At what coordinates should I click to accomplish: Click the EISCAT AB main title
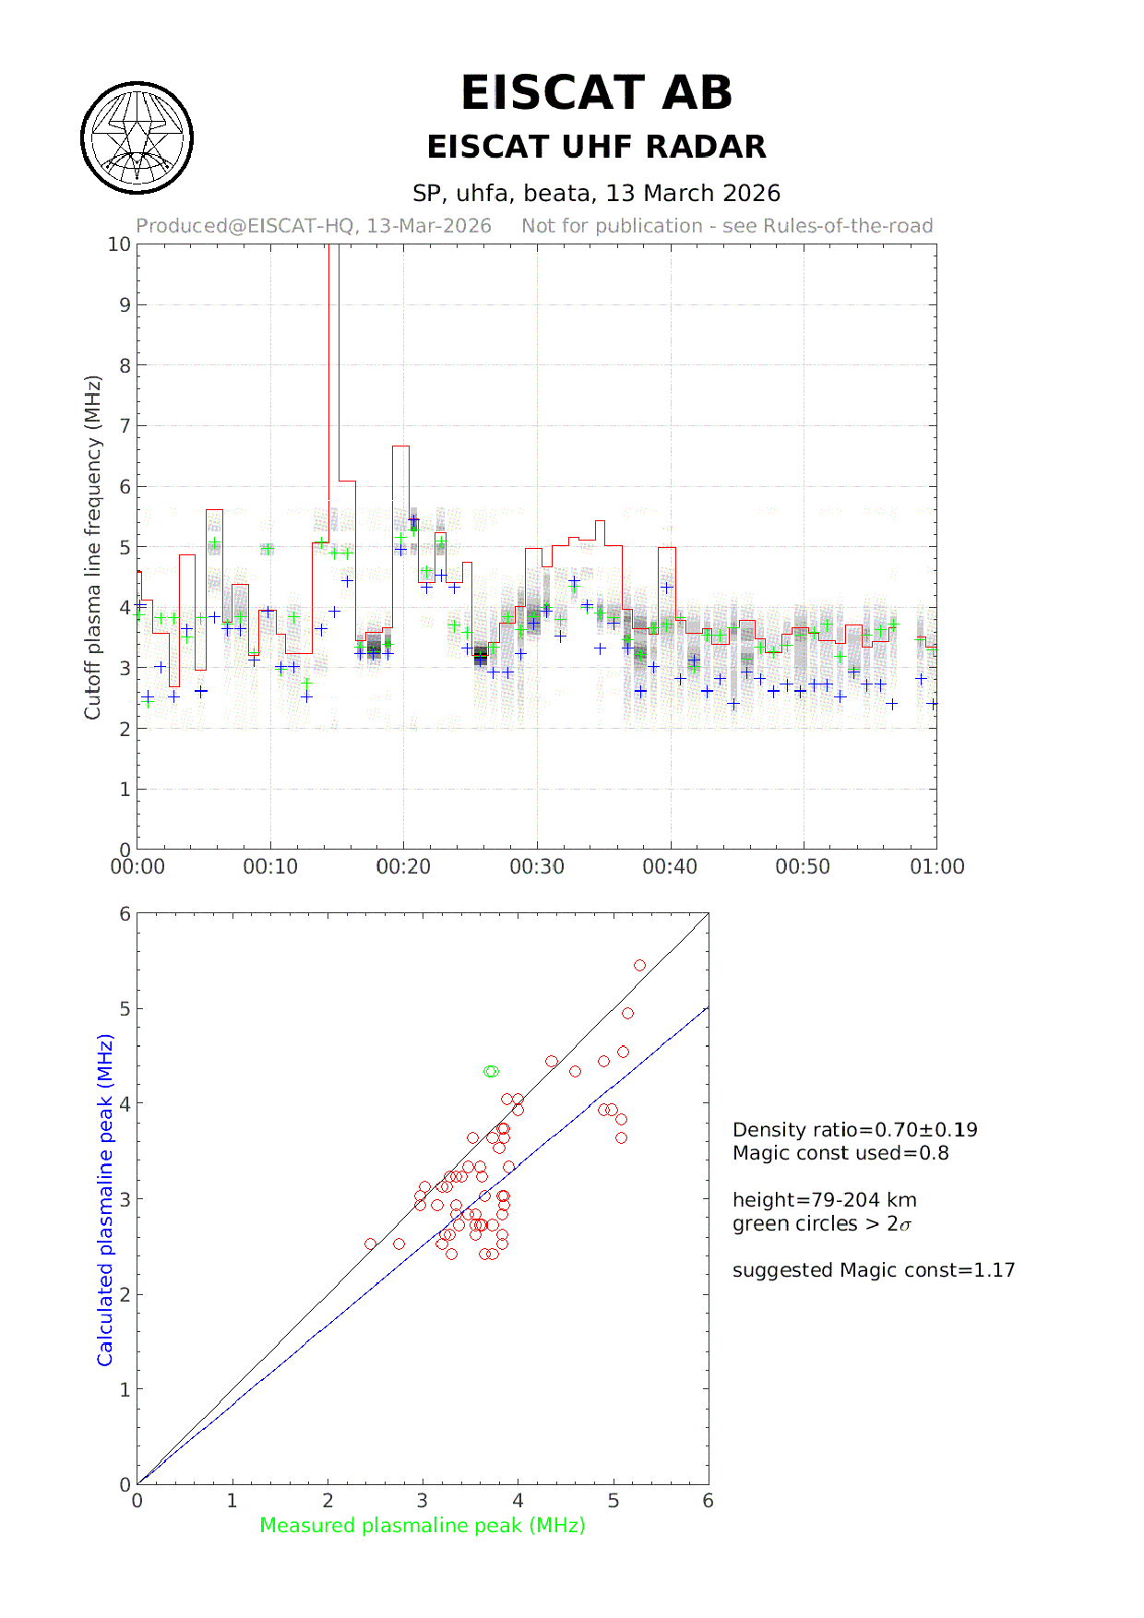pyautogui.click(x=596, y=93)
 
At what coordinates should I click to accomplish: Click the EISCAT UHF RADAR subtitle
pyautogui.click(x=596, y=147)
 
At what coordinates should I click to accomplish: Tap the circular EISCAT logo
pyautogui.click(x=137, y=138)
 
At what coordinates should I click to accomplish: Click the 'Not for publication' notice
pyautogui.click(x=727, y=226)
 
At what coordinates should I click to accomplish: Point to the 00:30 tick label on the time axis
pyautogui.click(x=537, y=867)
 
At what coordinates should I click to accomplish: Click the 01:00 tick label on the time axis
pyautogui.click(x=937, y=867)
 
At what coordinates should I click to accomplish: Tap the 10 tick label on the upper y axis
pyautogui.click(x=120, y=244)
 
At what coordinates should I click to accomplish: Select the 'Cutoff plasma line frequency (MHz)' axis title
pyautogui.click(x=92, y=547)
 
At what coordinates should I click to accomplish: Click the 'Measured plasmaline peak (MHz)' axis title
pyautogui.click(x=423, y=1526)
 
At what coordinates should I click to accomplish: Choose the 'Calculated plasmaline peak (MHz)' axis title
pyautogui.click(x=105, y=1200)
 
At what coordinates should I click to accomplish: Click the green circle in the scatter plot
pyautogui.click(x=491, y=1071)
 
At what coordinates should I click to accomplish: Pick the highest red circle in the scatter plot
pyautogui.click(x=639, y=965)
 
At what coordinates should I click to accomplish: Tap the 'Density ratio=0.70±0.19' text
pyautogui.click(x=854, y=1130)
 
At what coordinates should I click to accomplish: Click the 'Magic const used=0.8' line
pyautogui.click(x=840, y=1153)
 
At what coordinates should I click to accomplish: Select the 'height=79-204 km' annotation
pyautogui.click(x=825, y=1200)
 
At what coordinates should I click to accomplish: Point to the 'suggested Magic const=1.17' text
pyautogui.click(x=874, y=1270)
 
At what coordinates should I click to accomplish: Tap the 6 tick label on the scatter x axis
pyautogui.click(x=708, y=1501)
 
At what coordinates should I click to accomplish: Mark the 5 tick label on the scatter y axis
pyautogui.click(x=125, y=1009)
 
